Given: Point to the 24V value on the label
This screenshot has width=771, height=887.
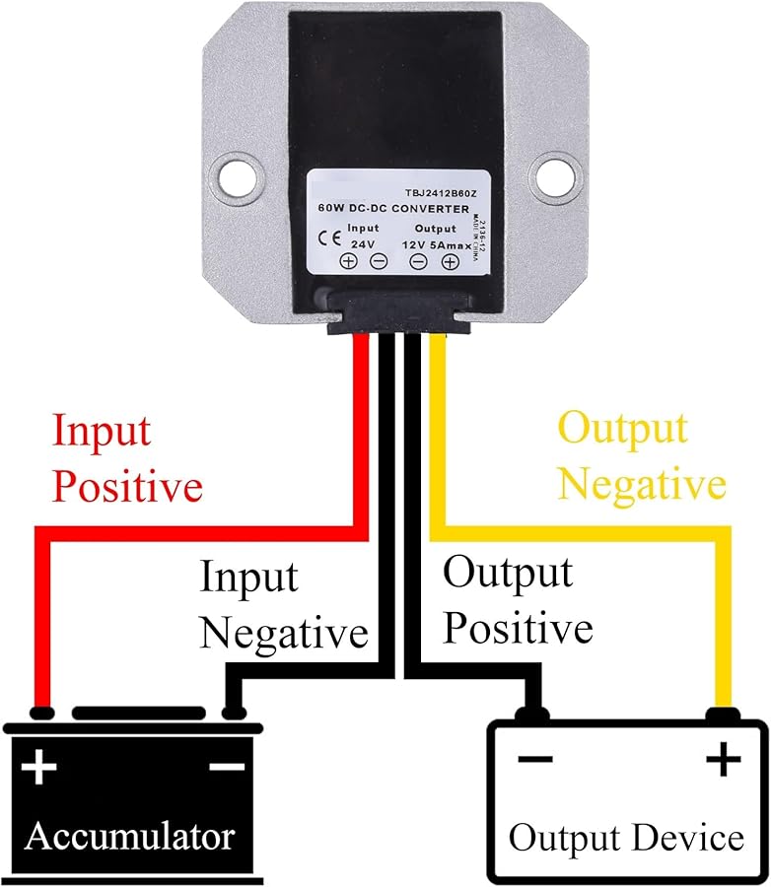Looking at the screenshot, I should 362,243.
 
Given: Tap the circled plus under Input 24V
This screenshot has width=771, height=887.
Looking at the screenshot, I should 348,261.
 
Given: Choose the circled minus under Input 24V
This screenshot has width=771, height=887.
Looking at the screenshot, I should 378,261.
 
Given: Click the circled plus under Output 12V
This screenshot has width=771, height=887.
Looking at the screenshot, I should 450,261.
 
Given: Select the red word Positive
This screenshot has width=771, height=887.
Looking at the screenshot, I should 127,487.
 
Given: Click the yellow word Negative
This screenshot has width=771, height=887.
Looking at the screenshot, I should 648,485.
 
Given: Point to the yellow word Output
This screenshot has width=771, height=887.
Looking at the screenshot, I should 622,430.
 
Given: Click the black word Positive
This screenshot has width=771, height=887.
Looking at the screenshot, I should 518,628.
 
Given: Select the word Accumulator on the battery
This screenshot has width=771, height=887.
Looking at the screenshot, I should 130,836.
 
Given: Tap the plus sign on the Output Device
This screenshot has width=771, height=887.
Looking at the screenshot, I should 723,759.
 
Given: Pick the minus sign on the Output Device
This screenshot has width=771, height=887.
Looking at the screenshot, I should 534,759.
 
